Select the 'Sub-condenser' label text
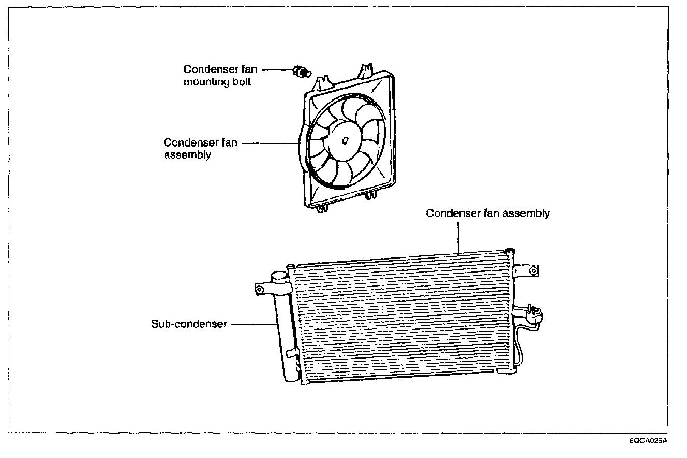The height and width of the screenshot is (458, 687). [x=189, y=325]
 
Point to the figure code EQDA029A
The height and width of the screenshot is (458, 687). [x=648, y=441]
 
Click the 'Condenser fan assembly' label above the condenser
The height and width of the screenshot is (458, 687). [x=487, y=213]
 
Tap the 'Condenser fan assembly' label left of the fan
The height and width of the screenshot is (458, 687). [x=200, y=148]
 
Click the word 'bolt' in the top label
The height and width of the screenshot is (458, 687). [x=241, y=82]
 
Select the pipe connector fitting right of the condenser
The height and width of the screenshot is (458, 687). [x=532, y=313]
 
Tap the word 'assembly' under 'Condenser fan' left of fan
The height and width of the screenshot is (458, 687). [x=187, y=155]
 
